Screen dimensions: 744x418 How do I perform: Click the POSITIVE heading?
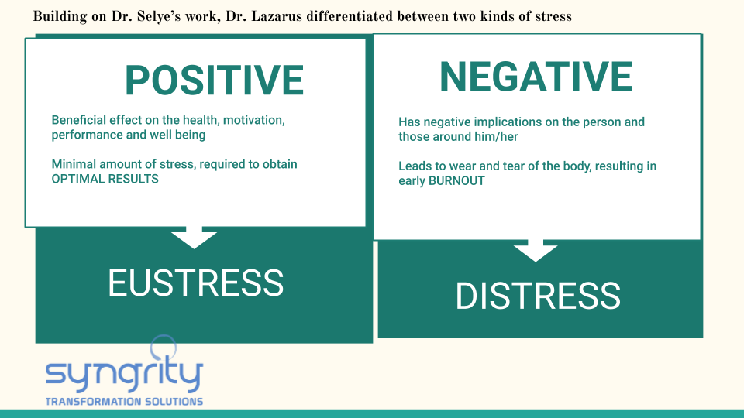click(214, 81)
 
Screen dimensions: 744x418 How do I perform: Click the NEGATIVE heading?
click(536, 77)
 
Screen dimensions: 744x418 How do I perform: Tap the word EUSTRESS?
click(195, 283)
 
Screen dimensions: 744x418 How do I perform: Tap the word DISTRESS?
click(538, 296)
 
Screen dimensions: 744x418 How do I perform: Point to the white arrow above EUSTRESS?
click(194, 237)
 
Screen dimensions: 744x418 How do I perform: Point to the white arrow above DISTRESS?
click(536, 250)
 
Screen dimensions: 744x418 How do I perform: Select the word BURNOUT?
click(456, 181)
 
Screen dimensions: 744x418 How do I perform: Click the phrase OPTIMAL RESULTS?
click(105, 179)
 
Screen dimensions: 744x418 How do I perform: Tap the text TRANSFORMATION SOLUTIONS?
click(124, 402)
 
